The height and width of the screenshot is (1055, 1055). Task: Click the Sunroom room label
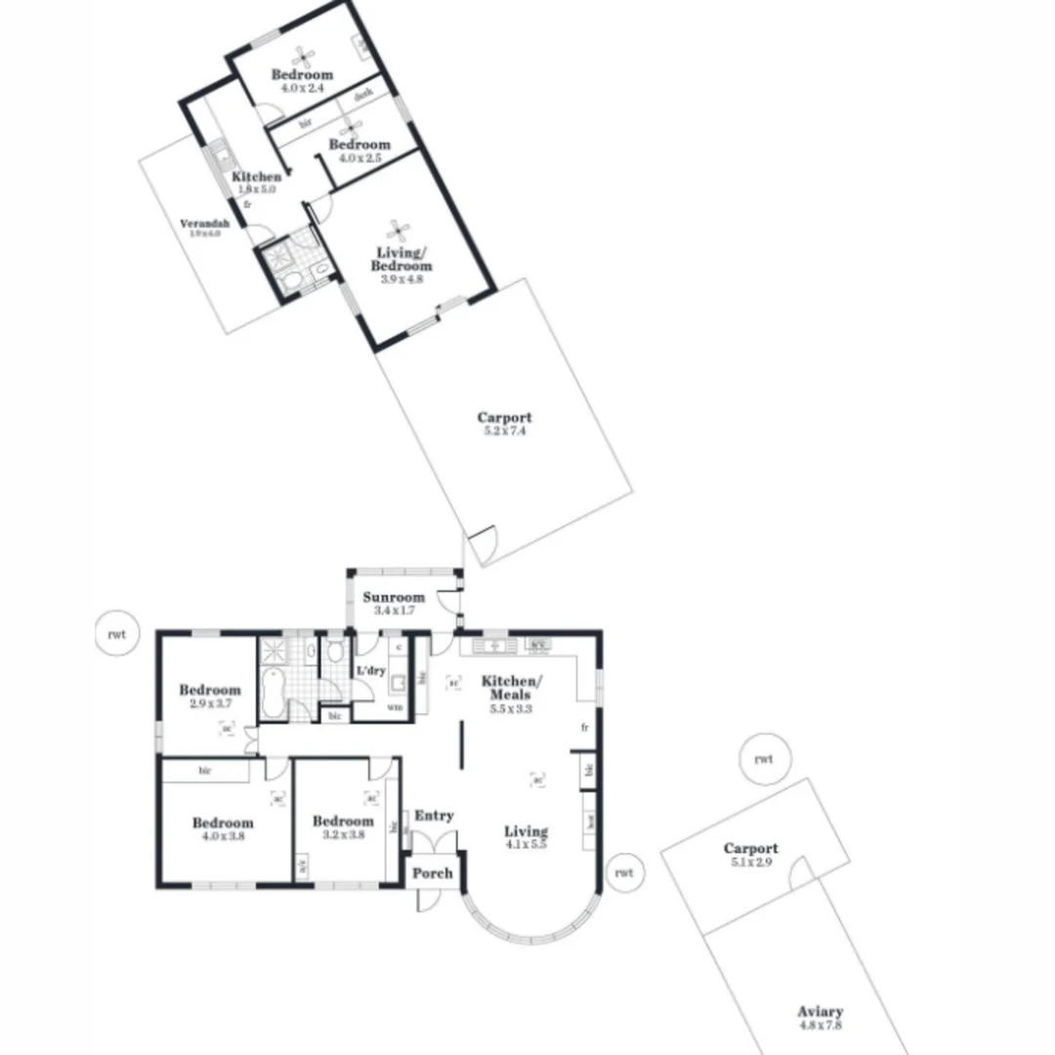(394, 597)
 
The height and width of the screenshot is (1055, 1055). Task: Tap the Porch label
(432, 872)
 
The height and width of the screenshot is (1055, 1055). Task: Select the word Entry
(434, 816)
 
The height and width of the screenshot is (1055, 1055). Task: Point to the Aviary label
(820, 1012)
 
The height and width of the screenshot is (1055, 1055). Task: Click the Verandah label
(200, 224)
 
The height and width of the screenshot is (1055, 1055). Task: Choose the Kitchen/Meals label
(510, 687)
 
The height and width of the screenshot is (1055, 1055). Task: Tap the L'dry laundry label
(370, 671)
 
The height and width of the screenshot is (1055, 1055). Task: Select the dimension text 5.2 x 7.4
(504, 431)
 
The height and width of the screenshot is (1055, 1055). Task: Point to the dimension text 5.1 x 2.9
(750, 863)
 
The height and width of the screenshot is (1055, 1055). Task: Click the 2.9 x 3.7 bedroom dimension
(209, 703)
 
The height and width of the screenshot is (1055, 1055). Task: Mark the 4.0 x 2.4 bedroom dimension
(302, 88)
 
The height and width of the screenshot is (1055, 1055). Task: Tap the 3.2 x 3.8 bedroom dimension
(343, 835)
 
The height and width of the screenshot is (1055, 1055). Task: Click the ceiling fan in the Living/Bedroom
(399, 231)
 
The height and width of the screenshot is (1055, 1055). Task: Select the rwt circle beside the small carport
(763, 759)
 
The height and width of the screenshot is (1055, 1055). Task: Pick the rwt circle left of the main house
(117, 634)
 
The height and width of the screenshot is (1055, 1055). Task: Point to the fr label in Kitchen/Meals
(584, 728)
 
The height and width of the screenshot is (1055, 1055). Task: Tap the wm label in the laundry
(395, 706)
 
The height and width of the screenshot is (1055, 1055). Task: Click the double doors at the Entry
(434, 842)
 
